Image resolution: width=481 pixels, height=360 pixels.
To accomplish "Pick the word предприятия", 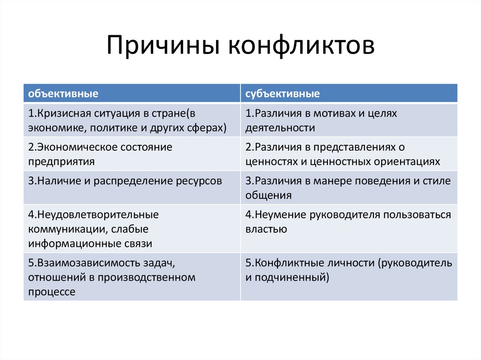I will (61, 161).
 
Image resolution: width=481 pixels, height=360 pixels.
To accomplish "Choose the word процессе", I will (51, 291).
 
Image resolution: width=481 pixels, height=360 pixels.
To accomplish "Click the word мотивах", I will (334, 114).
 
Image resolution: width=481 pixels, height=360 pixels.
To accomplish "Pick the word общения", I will (268, 195).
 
